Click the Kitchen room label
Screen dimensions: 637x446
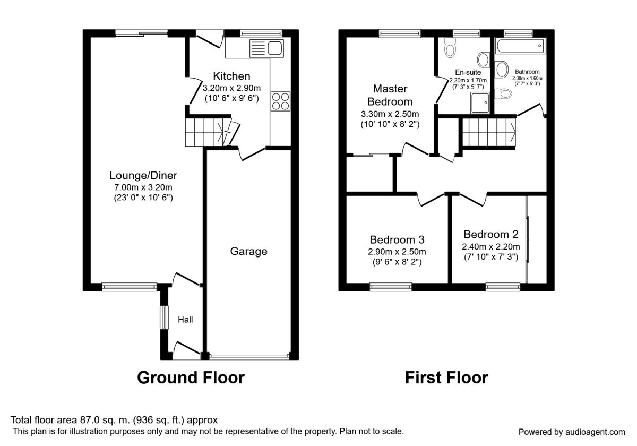(231, 76)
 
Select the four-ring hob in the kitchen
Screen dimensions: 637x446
(280, 101)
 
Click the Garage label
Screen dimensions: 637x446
(248, 251)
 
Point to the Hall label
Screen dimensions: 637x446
(185, 320)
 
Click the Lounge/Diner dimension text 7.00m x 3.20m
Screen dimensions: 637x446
(143, 187)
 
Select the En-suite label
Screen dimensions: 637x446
(468, 72)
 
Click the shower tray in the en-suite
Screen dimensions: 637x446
(481, 102)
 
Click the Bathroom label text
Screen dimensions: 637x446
(527, 72)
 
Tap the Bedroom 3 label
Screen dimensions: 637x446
(397, 239)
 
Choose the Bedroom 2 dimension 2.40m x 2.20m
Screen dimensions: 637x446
(490, 246)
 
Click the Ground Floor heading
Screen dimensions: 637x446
(191, 378)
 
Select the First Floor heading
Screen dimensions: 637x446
(446, 378)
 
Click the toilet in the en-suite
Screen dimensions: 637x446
(451, 49)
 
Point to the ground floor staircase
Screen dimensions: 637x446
(205, 131)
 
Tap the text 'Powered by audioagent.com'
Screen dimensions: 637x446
(571, 432)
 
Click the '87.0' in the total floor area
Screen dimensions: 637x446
(90, 420)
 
